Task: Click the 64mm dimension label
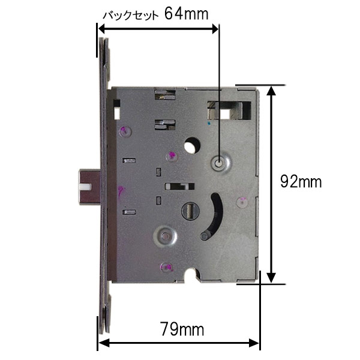pyautogui.click(x=187, y=14)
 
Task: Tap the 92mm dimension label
pyautogui.click(x=301, y=182)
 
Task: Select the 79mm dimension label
pyautogui.click(x=182, y=329)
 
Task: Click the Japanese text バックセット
pyautogui.click(x=130, y=16)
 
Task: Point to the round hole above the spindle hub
pyautogui.click(x=192, y=145)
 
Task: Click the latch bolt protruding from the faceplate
pyautogui.click(x=89, y=187)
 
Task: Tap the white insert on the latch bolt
pyautogui.click(x=85, y=187)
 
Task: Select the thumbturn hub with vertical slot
pyautogui.click(x=190, y=211)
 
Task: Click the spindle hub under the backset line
pyautogui.click(x=221, y=163)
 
